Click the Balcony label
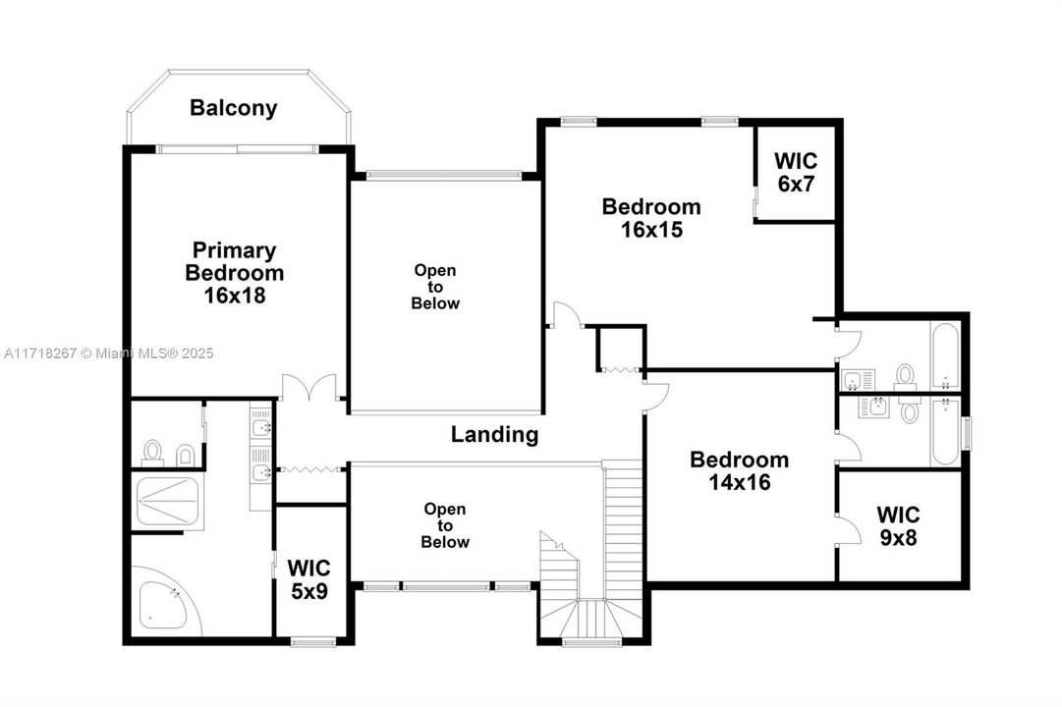click(233, 108)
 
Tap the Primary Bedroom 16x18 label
click(235, 272)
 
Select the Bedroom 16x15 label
click(651, 217)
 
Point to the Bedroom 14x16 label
click(739, 470)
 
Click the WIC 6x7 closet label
click(796, 172)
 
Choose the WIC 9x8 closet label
click(898, 525)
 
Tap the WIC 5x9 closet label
click(308, 579)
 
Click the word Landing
click(494, 434)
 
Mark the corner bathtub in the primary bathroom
click(165, 601)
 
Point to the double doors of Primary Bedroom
click(309, 387)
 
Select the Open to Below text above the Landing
click(435, 287)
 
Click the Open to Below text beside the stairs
click(445, 525)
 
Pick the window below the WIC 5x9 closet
click(313, 640)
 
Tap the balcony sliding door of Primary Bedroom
click(237, 149)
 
